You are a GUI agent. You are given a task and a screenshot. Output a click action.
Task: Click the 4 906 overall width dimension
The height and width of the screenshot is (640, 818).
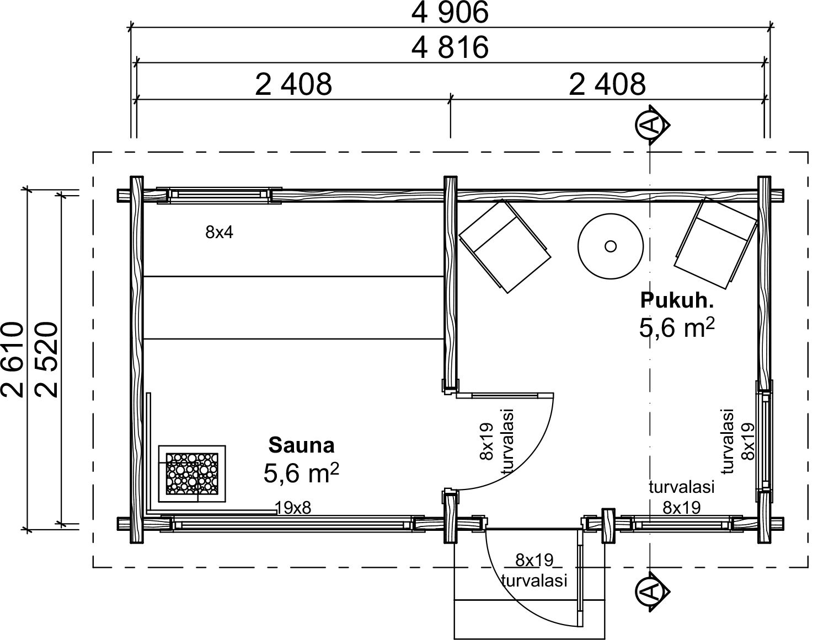click(x=450, y=13)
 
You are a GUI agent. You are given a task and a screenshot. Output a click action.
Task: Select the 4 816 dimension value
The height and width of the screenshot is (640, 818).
click(x=450, y=47)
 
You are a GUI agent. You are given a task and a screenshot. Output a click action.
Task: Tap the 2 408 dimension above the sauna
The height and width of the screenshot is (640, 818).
click(x=293, y=84)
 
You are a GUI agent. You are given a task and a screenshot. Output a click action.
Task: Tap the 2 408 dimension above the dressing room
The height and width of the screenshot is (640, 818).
click(x=607, y=84)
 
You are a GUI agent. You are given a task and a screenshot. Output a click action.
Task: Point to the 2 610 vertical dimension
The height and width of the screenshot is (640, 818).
click(x=13, y=359)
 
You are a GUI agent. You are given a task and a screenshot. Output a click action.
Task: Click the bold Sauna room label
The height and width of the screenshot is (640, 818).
click(x=301, y=445)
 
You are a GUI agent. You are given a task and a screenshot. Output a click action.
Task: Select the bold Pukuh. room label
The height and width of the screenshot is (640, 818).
click(x=677, y=300)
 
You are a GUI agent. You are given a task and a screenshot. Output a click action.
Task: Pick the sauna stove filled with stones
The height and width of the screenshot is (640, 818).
click(x=192, y=474)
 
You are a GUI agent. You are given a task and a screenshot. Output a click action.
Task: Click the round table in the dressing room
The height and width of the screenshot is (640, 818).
click(x=611, y=246)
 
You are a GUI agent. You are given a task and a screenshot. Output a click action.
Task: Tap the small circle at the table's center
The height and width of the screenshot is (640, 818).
click(x=611, y=246)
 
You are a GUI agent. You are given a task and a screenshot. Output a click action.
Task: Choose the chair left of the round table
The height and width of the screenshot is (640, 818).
click(x=505, y=246)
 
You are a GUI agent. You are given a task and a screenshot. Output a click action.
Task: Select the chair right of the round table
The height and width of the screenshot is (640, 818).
click(x=715, y=243)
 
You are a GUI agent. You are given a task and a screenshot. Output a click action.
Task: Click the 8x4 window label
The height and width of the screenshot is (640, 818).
click(x=219, y=233)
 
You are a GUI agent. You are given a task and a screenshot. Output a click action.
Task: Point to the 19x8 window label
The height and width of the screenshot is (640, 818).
click(x=293, y=508)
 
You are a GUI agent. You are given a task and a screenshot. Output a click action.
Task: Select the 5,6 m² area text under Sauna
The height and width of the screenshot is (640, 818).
click(x=301, y=472)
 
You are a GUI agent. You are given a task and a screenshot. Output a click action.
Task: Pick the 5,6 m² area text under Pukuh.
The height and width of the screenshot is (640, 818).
click(x=677, y=327)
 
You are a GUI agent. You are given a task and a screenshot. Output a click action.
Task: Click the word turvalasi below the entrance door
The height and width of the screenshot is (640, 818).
click(x=534, y=580)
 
